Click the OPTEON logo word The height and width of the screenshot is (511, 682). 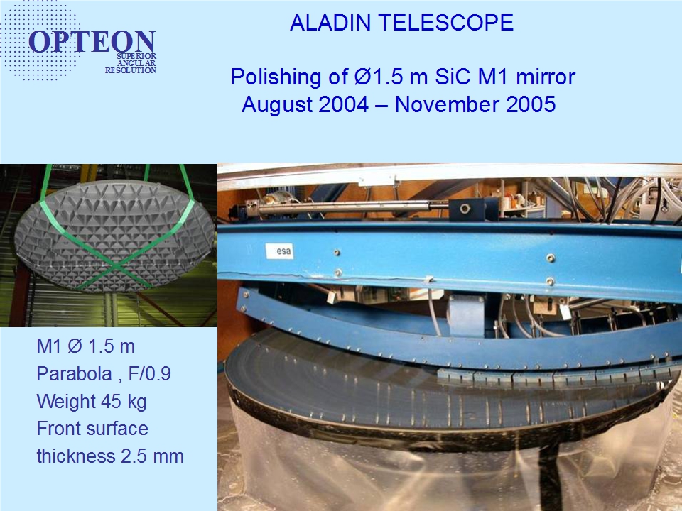tap(92, 42)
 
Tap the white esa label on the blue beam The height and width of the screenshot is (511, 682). tap(279, 251)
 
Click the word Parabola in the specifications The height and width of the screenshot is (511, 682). tap(74, 374)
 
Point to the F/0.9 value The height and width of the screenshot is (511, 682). tap(150, 374)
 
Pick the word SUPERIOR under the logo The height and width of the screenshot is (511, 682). tap(136, 57)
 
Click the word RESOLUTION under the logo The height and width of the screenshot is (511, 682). tap(131, 70)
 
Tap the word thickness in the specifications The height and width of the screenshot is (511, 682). tap(76, 456)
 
